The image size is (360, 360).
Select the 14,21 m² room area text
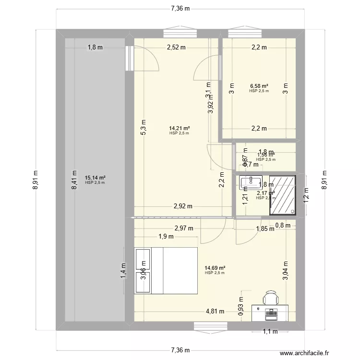click(179, 128)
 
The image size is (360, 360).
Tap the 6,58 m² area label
click(259, 86)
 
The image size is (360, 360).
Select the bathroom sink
click(248, 181)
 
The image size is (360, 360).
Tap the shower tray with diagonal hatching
click(282, 195)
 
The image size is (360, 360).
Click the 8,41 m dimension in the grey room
click(74, 180)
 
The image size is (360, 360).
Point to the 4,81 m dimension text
click(215, 311)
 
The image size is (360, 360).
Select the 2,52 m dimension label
click(176, 47)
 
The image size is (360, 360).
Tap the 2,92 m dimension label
click(183, 206)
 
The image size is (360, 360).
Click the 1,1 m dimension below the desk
click(270, 331)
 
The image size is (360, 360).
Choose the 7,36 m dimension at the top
click(180, 8)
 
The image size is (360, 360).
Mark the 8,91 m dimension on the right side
click(324, 180)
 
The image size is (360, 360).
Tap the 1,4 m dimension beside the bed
click(123, 270)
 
